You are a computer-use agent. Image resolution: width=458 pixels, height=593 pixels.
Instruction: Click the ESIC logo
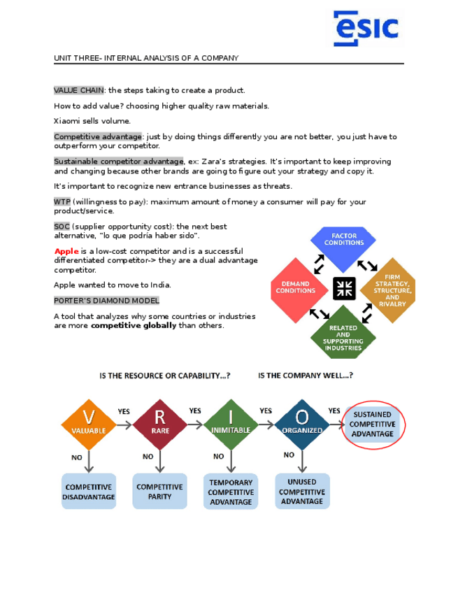pos(366,29)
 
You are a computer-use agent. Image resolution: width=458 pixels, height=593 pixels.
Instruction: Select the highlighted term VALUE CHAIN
pos(79,90)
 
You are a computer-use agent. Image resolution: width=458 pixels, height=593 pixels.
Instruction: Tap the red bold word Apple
pos(66,251)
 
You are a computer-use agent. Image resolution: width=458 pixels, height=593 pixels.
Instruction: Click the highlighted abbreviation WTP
pos(62,201)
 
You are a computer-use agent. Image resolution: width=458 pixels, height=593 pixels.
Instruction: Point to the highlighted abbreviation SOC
pos(62,227)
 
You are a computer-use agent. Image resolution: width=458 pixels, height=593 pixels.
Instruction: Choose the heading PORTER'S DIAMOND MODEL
pos(106,301)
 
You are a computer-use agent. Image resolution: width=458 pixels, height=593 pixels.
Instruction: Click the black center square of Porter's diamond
pos(344,288)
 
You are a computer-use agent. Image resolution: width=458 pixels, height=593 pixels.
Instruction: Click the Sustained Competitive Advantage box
pos(372,424)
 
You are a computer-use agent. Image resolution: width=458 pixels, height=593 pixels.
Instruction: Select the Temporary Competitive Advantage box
pos(231,492)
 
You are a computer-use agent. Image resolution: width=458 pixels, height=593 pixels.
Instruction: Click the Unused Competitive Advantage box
pos(301,492)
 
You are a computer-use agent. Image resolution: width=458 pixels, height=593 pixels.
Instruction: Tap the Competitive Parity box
pos(159,492)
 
